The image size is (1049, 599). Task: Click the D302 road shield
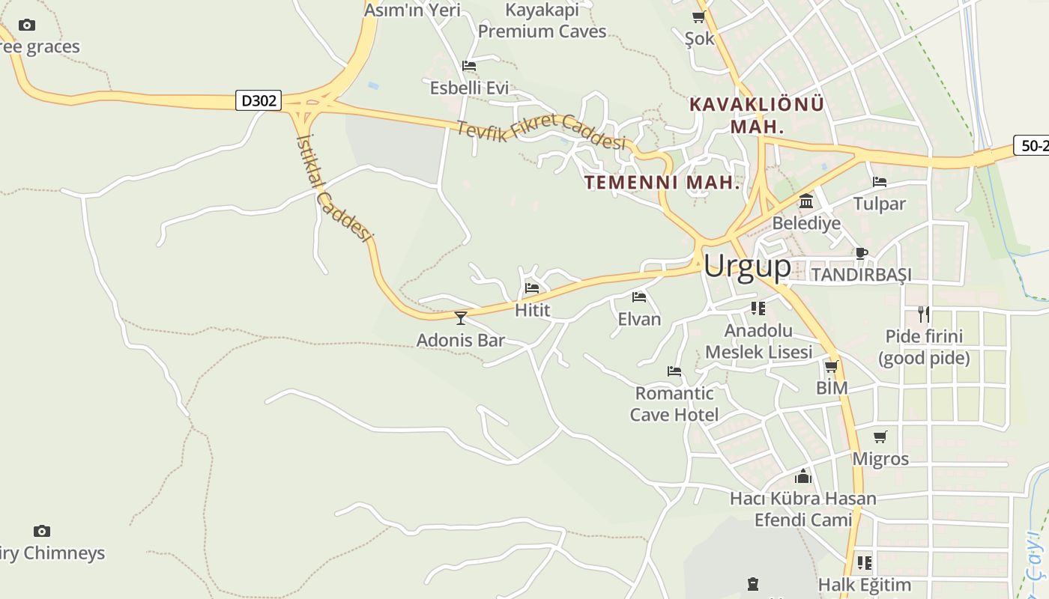coord(259,100)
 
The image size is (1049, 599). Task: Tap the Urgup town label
coord(747,266)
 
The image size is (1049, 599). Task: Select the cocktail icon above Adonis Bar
coord(461,317)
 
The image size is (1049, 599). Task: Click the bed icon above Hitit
coord(532,288)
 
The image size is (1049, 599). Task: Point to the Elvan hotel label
coord(639,319)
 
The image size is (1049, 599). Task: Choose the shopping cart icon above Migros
coord(880,437)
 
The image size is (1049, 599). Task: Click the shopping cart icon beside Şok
coord(699,16)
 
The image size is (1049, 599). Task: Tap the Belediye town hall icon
coord(806,201)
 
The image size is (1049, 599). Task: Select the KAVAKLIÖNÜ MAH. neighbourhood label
coord(757,115)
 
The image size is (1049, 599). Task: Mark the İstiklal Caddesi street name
coord(335,188)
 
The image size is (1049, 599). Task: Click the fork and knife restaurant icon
coord(924,314)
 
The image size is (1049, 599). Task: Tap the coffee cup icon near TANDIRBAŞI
coord(861,253)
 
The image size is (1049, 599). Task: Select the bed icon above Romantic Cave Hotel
coord(674,371)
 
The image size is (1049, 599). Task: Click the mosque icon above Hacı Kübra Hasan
coord(803,476)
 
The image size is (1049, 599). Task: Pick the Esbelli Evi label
coord(469,88)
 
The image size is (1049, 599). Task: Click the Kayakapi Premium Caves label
coord(542,21)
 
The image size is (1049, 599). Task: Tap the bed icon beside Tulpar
coord(880,182)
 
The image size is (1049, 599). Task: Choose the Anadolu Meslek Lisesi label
coord(758,341)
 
